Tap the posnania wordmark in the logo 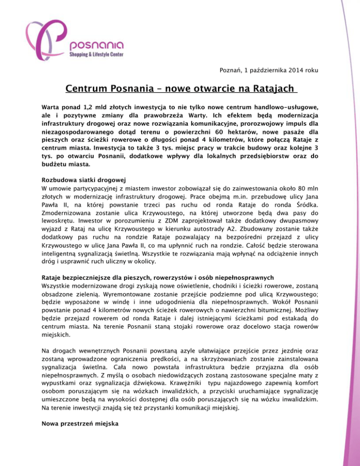pos(97,45)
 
